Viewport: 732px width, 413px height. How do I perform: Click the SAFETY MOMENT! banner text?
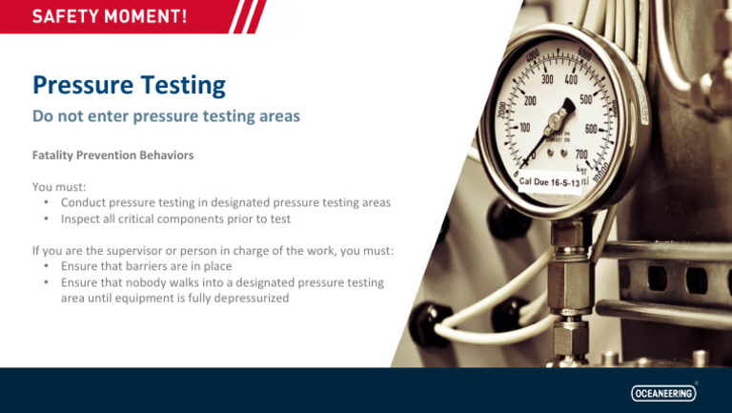[110, 17]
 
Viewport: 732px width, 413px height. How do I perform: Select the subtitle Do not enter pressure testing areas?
[166, 116]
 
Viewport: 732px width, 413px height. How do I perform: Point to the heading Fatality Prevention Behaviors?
[112, 154]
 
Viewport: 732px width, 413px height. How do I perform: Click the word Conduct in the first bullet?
[87, 202]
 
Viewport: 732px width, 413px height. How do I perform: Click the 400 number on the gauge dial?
[571, 81]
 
